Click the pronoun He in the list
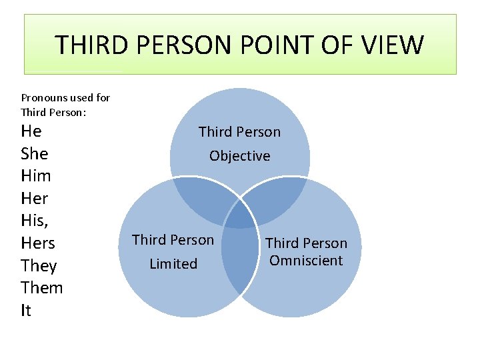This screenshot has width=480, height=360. click(31, 131)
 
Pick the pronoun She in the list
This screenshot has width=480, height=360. click(35, 153)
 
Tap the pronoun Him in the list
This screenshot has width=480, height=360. click(36, 176)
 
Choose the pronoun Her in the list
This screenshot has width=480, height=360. click(35, 199)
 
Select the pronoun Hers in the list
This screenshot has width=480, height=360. click(38, 243)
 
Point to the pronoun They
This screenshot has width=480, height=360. click(39, 266)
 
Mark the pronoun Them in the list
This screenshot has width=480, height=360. click(42, 288)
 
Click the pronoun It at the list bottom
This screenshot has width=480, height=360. click(26, 311)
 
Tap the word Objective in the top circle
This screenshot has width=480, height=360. click(240, 156)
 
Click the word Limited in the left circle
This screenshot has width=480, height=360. click(173, 264)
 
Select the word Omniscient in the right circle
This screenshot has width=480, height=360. click(307, 261)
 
